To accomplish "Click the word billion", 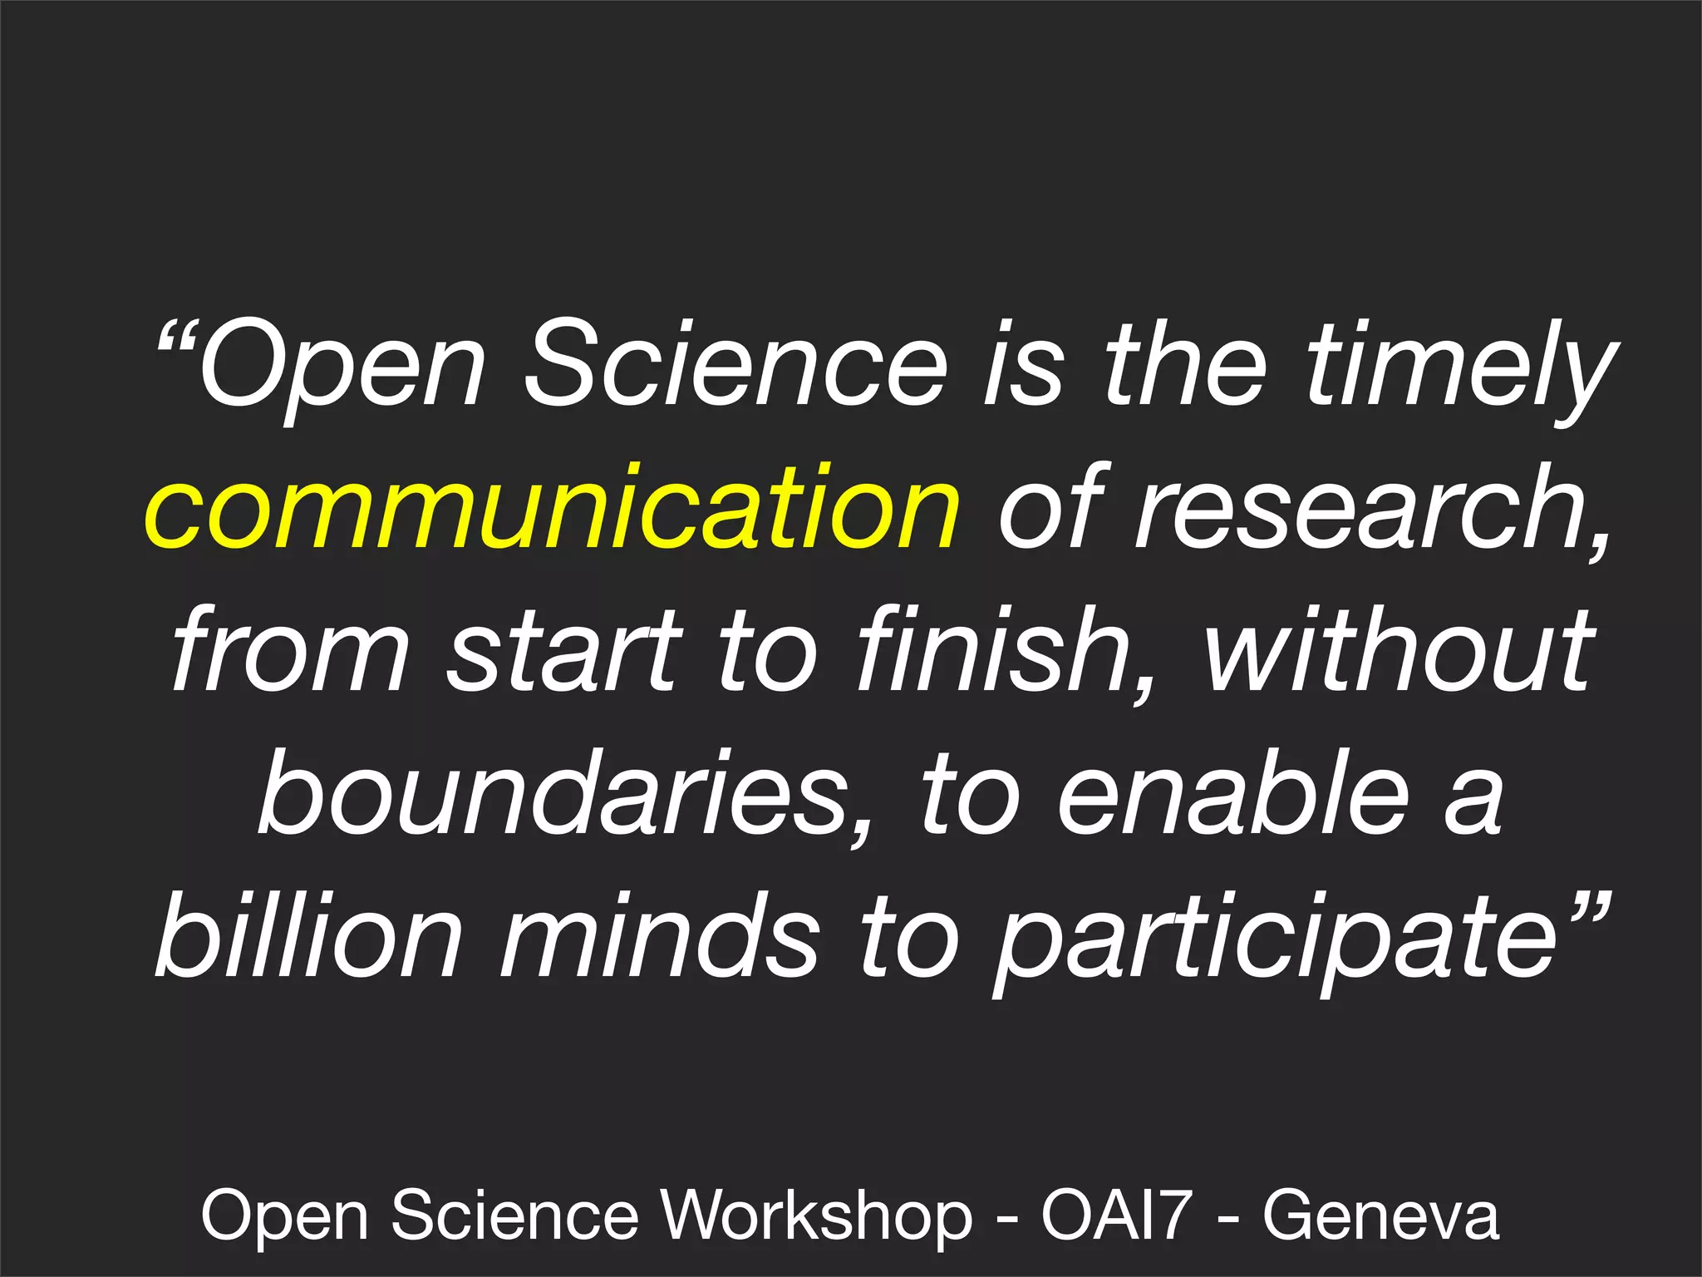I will tap(307, 934).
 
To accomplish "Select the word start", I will tap(565, 653).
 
